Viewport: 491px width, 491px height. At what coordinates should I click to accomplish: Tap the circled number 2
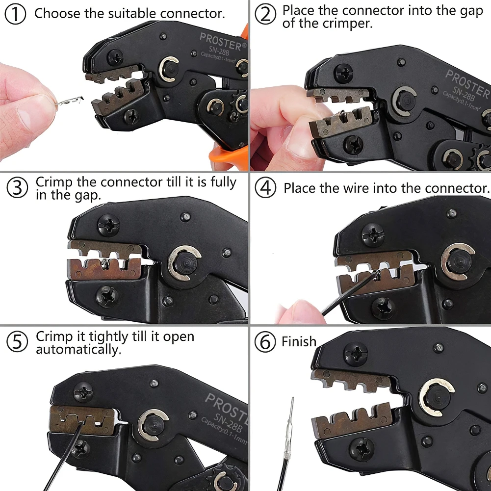tap(265, 14)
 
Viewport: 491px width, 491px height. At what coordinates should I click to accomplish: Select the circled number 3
tap(17, 188)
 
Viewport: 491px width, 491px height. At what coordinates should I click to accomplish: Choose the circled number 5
tap(17, 342)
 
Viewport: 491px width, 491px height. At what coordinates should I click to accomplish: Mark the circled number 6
tap(265, 342)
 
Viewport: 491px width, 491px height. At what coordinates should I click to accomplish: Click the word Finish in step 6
tap(299, 341)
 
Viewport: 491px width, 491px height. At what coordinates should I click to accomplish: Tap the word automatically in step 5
tap(77, 350)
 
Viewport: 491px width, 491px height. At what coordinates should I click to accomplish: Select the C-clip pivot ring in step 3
tap(184, 263)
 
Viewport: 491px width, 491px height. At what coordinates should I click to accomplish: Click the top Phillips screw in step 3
tap(108, 226)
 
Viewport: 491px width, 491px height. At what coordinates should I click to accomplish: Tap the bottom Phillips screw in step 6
tap(364, 449)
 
